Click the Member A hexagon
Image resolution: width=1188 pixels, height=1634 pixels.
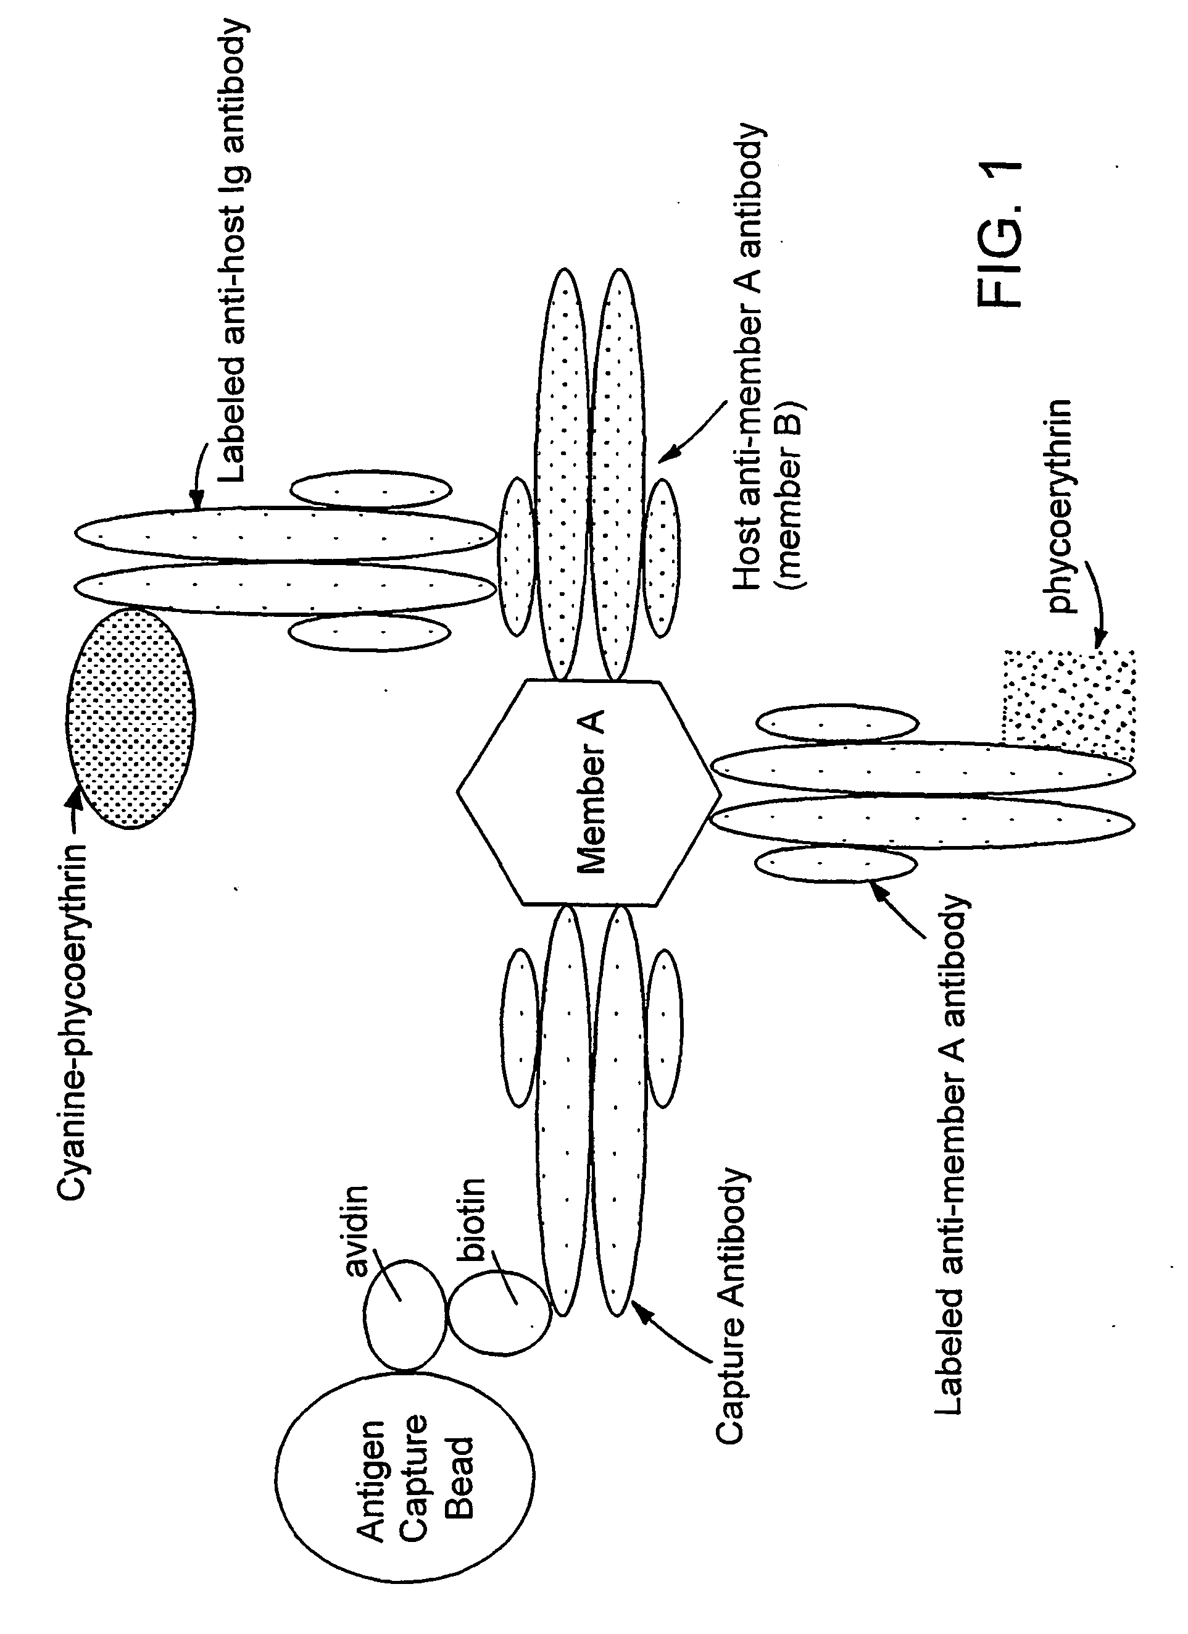click(x=589, y=792)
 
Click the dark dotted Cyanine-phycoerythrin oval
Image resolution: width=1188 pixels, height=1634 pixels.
click(x=130, y=718)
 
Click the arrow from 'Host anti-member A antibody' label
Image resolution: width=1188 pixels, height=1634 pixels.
click(x=695, y=429)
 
